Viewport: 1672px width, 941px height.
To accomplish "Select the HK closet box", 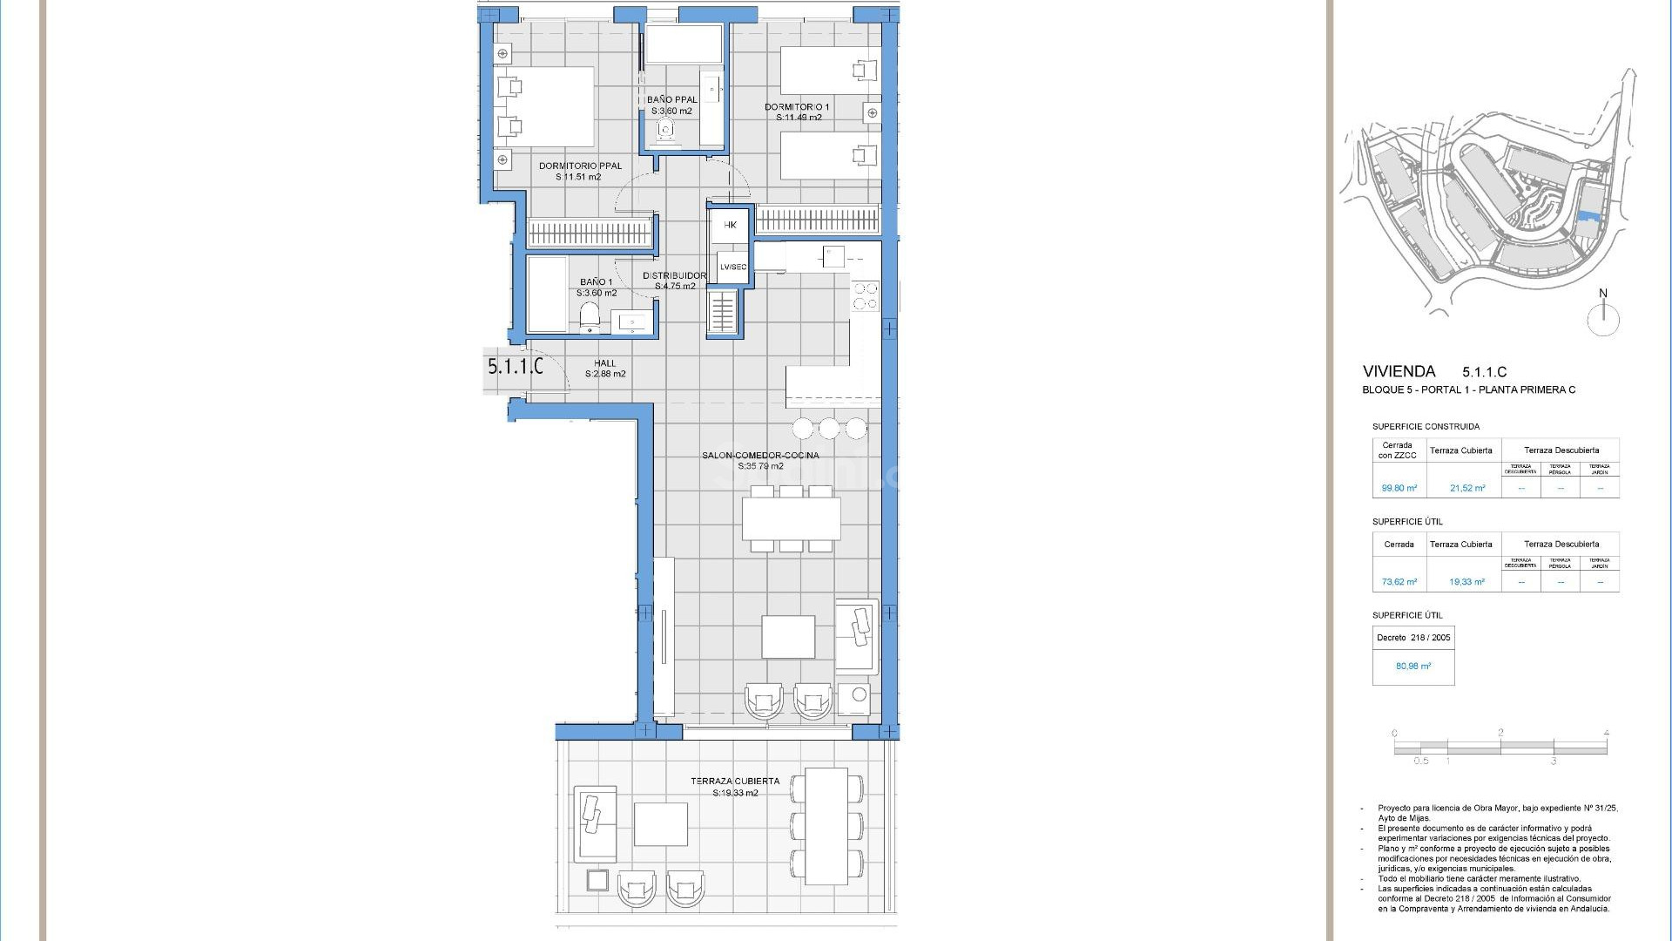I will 730,225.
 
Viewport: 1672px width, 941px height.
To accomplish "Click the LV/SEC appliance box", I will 731,267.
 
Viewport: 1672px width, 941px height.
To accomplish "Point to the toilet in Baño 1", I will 590,316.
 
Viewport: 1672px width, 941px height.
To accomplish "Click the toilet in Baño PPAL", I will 667,130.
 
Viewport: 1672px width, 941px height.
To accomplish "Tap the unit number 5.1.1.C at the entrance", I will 515,367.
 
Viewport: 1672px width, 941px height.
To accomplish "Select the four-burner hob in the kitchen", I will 865,295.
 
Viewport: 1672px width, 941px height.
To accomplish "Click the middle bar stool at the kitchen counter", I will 828,428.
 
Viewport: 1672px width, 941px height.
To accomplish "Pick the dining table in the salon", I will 791,518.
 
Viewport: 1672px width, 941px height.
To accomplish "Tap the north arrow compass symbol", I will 1602,319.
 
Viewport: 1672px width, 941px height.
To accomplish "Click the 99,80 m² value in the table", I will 1399,489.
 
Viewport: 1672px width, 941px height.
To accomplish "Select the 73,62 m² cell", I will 1399,582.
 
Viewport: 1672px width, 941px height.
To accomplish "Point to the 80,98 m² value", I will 1412,667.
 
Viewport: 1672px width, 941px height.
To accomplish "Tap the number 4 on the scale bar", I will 1606,734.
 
